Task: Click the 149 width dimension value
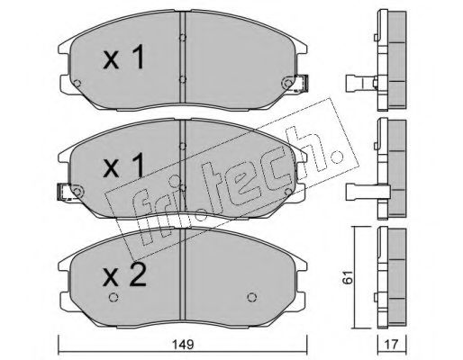click(x=183, y=345)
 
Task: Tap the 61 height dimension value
click(x=349, y=277)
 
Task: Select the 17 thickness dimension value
click(x=392, y=345)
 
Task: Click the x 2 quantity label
click(x=124, y=274)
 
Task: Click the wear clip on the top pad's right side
click(x=302, y=83)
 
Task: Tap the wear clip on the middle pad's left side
click(x=63, y=192)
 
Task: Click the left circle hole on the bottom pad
click(x=113, y=297)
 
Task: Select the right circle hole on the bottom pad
click(x=252, y=297)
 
